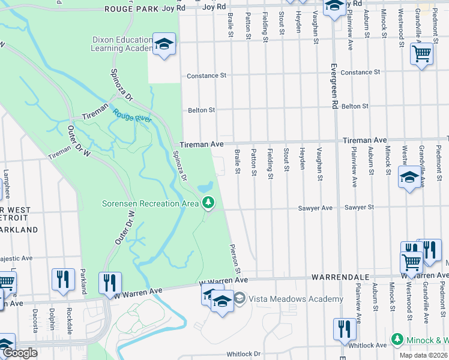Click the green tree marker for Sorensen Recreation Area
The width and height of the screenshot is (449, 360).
click(208, 203)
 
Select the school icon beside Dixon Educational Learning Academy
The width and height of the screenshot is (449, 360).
click(163, 44)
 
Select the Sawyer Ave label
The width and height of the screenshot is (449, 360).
click(315, 208)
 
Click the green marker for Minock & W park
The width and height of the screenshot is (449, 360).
click(397, 340)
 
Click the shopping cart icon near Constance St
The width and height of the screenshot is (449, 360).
click(421, 54)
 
